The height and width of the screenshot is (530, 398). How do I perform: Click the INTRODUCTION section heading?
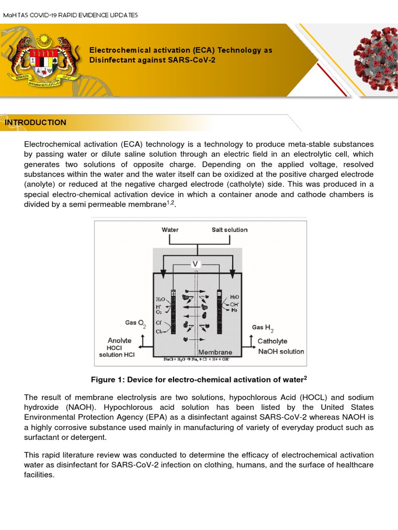point(35,123)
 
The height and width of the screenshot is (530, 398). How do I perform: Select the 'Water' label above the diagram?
point(170,230)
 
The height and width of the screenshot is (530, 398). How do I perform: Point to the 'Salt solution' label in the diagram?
point(230,230)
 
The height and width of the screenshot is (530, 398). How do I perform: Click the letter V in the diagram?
point(195,263)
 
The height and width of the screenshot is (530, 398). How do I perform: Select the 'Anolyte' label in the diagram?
point(119,341)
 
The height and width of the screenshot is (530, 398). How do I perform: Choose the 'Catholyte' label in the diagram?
point(272,341)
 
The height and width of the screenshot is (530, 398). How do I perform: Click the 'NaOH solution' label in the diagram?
point(280,351)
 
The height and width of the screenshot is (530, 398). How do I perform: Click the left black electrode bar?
point(173,311)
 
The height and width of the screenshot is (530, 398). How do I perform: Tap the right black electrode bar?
point(220,311)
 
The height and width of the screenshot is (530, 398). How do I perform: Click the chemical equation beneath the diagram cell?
point(196,359)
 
